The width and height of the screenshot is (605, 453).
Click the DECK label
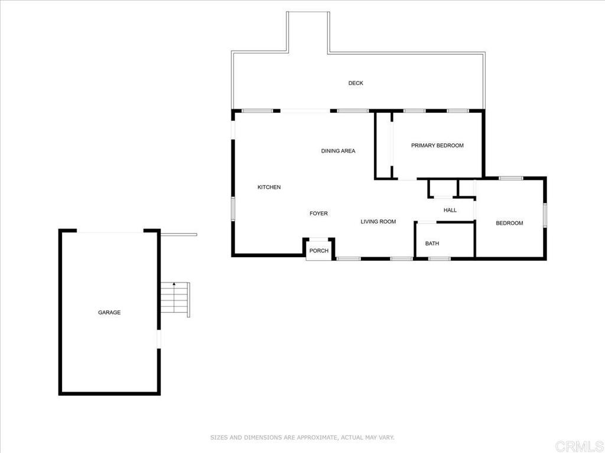[356, 83]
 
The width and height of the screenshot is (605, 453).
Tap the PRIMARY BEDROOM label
[437, 146]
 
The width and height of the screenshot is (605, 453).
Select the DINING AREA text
[338, 151]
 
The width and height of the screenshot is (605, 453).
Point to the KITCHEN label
[269, 188]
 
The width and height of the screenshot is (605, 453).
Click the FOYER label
[318, 214]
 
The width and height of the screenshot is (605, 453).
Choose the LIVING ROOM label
[378, 222]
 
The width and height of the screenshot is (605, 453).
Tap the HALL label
[450, 210]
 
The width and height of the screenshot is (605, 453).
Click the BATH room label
[432, 244]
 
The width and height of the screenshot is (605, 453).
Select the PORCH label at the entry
[319, 251]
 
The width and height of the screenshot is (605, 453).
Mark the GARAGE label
[109, 313]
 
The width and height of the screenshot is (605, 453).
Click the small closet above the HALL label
[443, 189]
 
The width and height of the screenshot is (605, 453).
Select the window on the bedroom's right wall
[545, 215]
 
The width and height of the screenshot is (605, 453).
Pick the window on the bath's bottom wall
[439, 258]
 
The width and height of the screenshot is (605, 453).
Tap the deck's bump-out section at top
[307, 32]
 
